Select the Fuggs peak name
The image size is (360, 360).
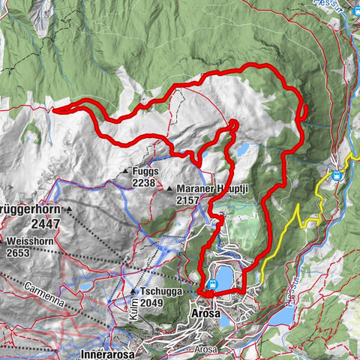[x=144, y=171]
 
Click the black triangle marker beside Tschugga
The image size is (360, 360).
[x=133, y=291]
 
